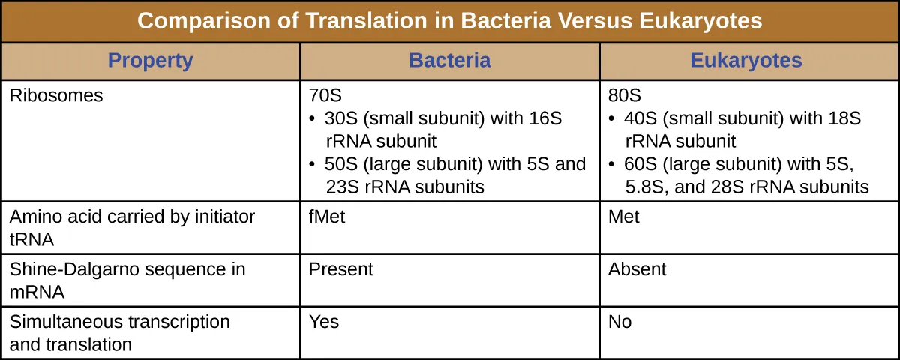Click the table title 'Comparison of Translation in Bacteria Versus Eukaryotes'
[449, 21]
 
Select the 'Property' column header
[150, 61]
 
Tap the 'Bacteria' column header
[449, 61]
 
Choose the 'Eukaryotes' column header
[746, 61]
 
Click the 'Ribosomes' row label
[55, 96]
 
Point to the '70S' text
[325, 96]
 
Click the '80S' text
[625, 96]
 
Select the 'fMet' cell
[326, 217]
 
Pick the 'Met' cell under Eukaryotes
[624, 217]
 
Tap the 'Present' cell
[340, 269]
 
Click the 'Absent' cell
[637, 269]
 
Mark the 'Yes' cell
[324, 322]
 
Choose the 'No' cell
[620, 322]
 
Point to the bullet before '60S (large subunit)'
[612, 165]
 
